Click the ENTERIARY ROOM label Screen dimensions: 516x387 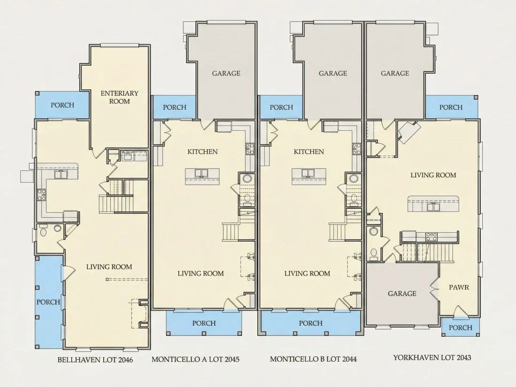(x=120, y=97)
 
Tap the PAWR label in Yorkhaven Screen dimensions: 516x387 (x=459, y=287)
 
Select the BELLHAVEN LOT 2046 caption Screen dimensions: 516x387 (x=95, y=360)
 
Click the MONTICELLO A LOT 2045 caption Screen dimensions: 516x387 (x=196, y=359)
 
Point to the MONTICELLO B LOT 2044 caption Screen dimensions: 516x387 (x=313, y=359)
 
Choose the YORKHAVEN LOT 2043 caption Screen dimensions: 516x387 (x=432, y=357)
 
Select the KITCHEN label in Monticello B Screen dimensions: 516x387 (x=309, y=152)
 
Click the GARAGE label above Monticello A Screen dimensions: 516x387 (x=226, y=73)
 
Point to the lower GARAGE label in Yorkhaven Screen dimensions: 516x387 (x=402, y=294)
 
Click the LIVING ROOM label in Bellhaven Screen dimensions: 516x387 (x=109, y=267)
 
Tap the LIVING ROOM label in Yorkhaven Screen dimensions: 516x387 (x=433, y=175)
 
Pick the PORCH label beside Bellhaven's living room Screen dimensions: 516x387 (x=48, y=302)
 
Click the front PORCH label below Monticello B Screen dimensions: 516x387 (x=311, y=323)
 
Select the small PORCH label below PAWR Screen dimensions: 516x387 (x=460, y=328)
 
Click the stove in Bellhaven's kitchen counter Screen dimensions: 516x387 (x=41, y=195)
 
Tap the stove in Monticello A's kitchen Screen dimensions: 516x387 (x=250, y=149)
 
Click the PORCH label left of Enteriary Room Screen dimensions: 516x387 (x=62, y=105)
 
